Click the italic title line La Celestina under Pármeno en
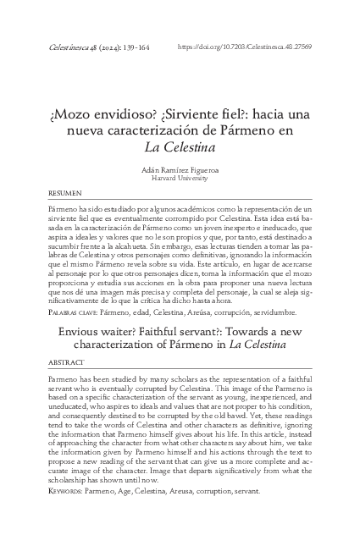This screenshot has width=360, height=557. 180,146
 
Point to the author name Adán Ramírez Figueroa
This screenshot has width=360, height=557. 180,170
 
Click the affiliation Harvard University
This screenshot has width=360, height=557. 180,179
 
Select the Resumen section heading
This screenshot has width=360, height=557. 65,194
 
